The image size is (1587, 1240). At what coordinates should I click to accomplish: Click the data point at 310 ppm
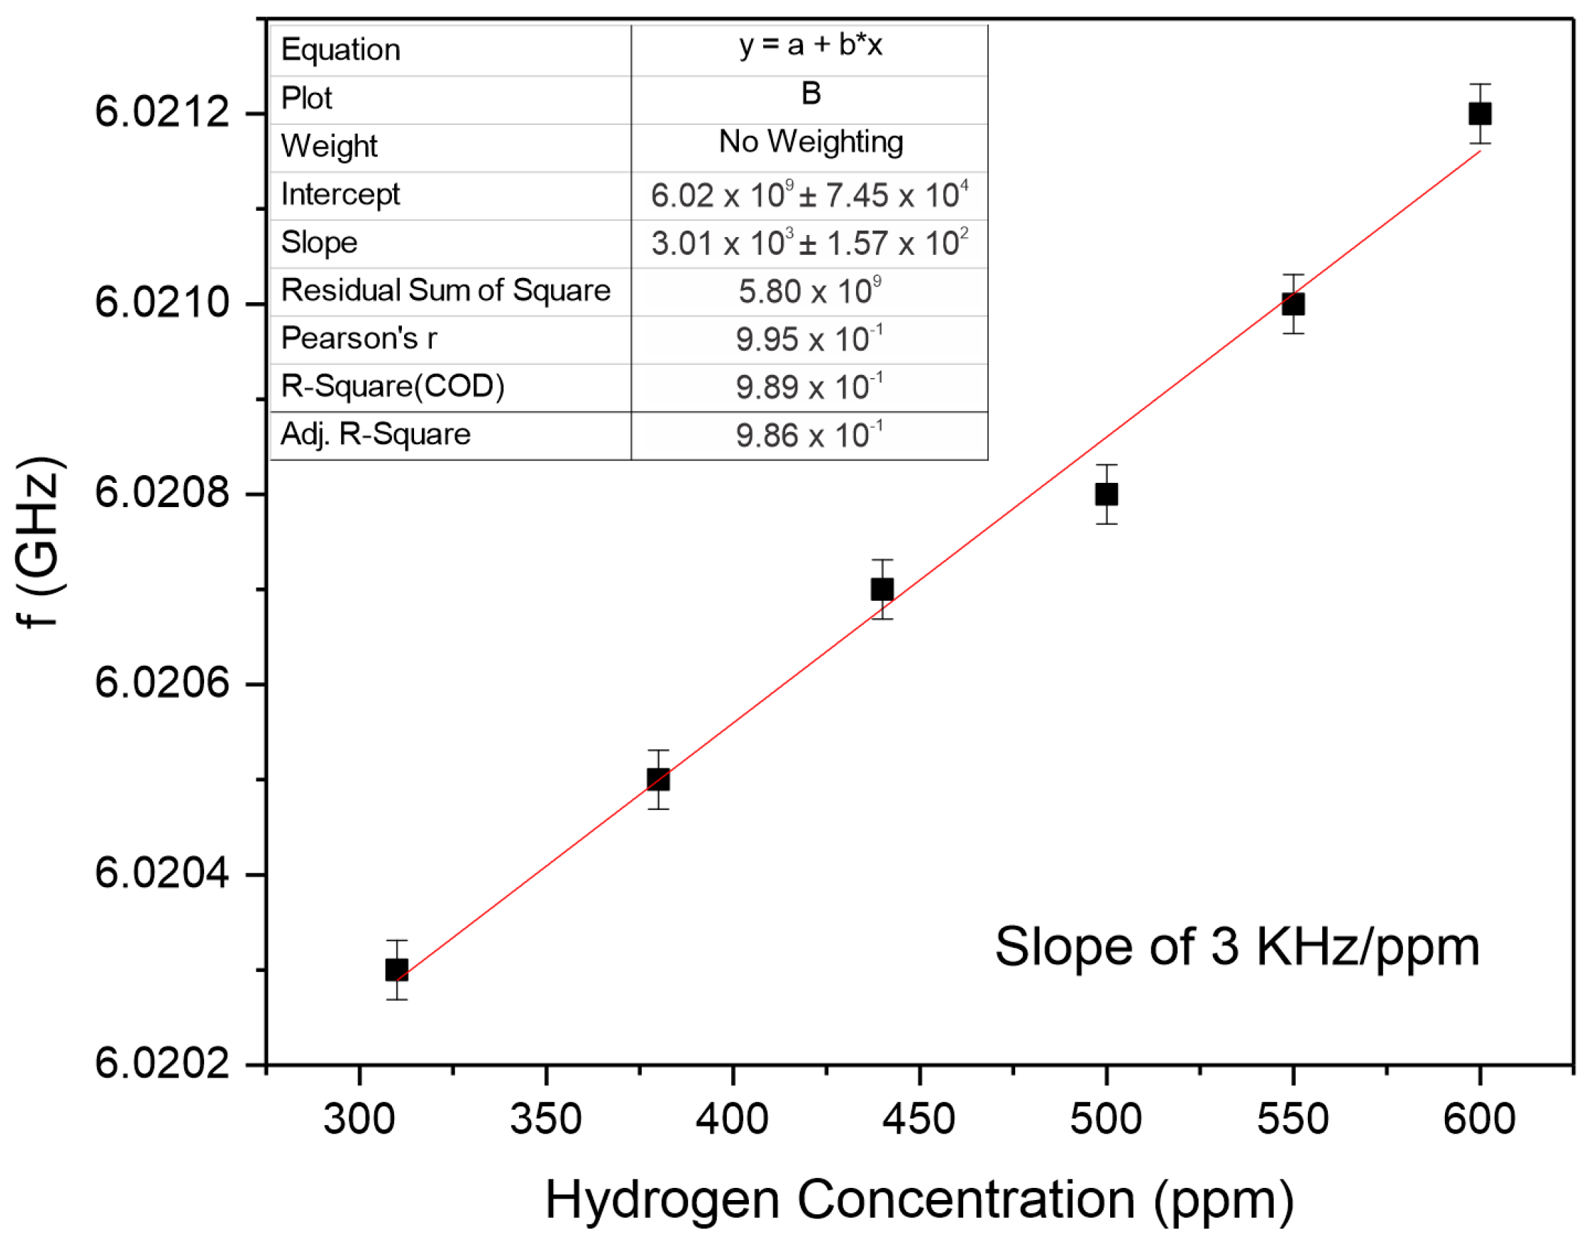(x=397, y=969)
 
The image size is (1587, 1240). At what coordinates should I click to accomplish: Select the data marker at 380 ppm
(x=658, y=779)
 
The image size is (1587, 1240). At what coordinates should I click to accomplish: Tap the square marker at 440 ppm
(x=882, y=589)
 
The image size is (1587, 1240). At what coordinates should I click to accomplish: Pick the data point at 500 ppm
(x=1107, y=494)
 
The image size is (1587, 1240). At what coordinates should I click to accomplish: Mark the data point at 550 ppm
(x=1294, y=304)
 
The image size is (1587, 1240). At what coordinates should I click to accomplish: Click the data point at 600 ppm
(x=1480, y=114)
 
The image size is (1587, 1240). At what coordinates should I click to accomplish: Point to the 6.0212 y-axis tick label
(x=162, y=113)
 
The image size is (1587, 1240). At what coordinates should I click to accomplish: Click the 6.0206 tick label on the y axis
(x=162, y=684)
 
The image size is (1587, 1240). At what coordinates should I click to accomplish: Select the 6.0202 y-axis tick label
(x=162, y=1064)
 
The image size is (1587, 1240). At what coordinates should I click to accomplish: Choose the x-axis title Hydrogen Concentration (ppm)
(x=920, y=1199)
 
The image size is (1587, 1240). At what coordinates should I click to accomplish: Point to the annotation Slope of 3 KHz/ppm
(x=1237, y=947)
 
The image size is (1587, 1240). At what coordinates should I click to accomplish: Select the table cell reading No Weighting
(x=810, y=141)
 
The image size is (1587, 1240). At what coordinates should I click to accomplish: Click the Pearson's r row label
(x=359, y=338)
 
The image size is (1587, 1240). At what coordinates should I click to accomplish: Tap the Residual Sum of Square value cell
(x=810, y=291)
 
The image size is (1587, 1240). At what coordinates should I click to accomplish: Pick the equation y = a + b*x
(x=810, y=46)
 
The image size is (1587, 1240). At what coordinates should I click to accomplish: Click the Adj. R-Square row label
(x=376, y=434)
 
